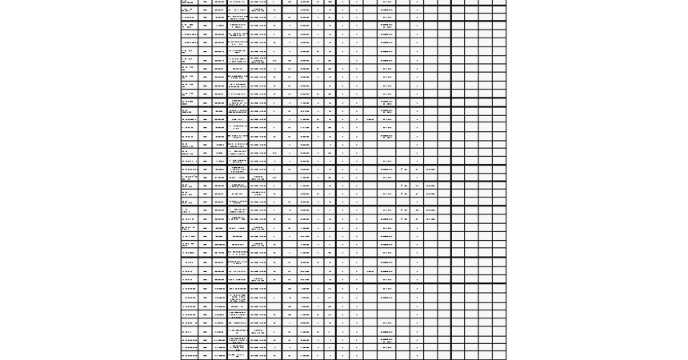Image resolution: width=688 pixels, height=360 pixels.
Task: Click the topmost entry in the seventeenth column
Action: [430, 170]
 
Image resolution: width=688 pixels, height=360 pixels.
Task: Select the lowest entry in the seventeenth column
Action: [430, 218]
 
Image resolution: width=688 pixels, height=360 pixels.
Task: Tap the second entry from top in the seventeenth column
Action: [430, 186]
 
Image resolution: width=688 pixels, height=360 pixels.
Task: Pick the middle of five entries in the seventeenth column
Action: [430, 194]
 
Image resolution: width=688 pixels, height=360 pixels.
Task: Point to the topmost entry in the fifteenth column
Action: [404, 170]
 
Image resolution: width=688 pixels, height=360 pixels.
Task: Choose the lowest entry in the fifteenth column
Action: [404, 218]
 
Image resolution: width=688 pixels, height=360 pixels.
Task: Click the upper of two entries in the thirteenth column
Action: [370, 120]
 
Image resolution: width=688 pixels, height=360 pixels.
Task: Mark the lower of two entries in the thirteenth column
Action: [370, 271]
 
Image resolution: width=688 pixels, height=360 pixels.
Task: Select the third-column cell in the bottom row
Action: [219, 356]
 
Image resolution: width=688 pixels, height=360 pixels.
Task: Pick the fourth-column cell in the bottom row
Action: [238, 356]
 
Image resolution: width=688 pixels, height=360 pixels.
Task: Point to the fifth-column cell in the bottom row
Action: [258, 356]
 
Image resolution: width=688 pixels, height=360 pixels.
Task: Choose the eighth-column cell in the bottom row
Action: [305, 356]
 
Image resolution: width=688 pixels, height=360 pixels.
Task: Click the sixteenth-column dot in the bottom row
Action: [417, 356]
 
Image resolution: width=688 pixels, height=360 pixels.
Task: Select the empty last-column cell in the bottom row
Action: [499, 356]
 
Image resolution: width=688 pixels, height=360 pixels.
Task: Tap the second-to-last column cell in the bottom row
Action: [485, 356]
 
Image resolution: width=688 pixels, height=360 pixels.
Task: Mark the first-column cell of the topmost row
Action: [189, 2]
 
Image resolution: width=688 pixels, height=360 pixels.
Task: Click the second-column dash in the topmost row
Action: [205, 2]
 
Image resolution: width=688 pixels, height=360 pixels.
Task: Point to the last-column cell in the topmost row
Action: [499, 2]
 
